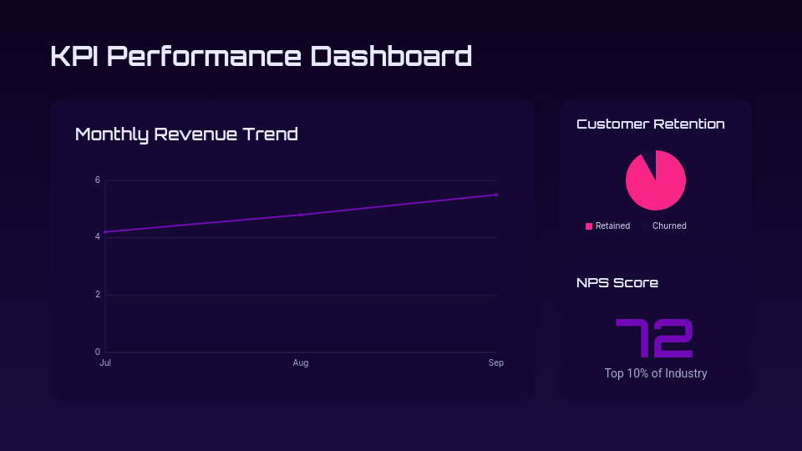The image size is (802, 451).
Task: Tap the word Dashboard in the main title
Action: tap(391, 56)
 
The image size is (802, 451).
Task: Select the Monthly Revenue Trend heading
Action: tap(186, 134)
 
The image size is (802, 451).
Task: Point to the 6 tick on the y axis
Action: tap(98, 180)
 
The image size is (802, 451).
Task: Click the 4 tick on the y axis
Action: tap(98, 237)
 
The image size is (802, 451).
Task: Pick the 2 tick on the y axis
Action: tap(98, 295)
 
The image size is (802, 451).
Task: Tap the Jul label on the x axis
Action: tap(105, 363)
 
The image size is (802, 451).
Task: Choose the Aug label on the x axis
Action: tap(301, 363)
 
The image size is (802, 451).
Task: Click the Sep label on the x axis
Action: tap(496, 363)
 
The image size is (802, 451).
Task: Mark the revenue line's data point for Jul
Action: tap(105, 232)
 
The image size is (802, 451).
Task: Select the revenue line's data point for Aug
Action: tap(301, 215)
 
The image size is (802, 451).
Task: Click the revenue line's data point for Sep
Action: tap(496, 195)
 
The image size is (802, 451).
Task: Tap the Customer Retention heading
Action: tap(651, 124)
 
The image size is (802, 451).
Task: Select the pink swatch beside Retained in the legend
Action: tap(589, 226)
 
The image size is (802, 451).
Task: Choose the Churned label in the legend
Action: tap(669, 226)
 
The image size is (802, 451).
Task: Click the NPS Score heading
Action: tap(617, 282)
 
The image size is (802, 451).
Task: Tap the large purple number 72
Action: tap(655, 338)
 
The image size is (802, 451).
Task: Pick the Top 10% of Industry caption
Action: tap(656, 373)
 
